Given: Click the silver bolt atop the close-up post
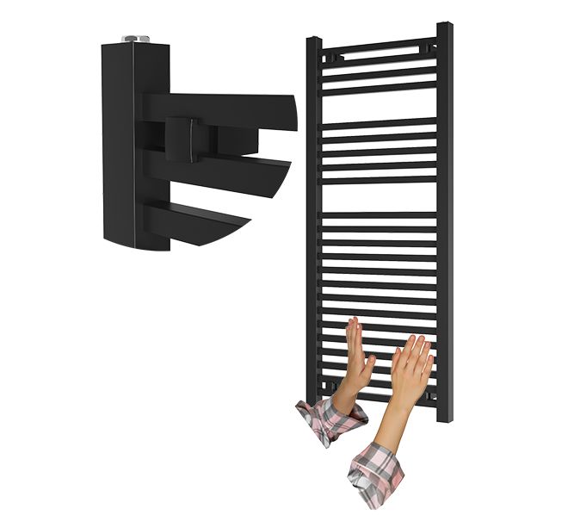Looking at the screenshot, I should point(135,39).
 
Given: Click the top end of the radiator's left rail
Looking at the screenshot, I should point(314,40).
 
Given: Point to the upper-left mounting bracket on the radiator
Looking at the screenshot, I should point(334,57).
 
